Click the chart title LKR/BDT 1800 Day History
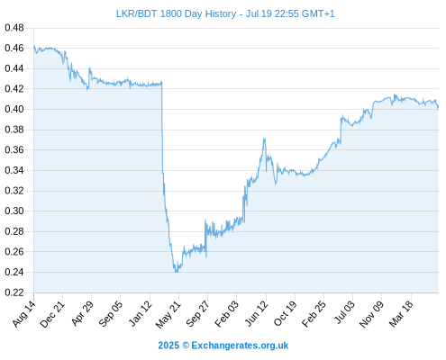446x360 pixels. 176,13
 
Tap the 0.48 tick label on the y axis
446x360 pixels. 14,28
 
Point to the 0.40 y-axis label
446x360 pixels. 14,109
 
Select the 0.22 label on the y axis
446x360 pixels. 14,292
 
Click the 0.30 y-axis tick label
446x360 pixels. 14,211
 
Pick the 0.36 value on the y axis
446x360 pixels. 14,149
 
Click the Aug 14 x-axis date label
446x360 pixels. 24,314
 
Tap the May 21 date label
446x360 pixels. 168,314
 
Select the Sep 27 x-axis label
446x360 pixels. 197,314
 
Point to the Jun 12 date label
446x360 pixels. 256,314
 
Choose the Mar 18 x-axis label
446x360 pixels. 401,314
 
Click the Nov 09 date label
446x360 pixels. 371,314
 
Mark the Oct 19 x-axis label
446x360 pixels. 285,314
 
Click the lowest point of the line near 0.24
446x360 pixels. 176,272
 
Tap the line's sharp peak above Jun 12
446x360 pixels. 264,138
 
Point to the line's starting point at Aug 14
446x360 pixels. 34,46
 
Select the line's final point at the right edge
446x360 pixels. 438,107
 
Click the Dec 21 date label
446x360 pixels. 52,314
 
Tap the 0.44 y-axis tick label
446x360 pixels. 14,68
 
